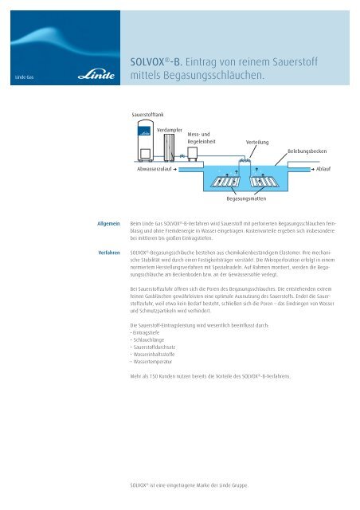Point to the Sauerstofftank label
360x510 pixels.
149,116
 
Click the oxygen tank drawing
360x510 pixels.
145,146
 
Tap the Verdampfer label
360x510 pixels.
170,129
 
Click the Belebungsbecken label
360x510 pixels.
308,150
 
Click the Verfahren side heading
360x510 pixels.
105,252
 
